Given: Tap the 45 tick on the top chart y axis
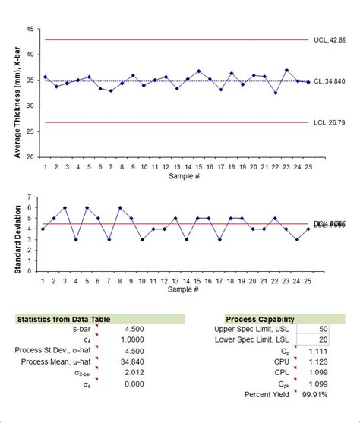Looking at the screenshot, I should click(x=30, y=29).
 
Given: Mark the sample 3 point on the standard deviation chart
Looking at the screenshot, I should click(x=65, y=207).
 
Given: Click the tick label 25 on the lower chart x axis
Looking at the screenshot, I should click(x=308, y=280).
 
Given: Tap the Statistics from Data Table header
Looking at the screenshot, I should click(x=61, y=320).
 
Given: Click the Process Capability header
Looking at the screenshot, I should click(x=260, y=320).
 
